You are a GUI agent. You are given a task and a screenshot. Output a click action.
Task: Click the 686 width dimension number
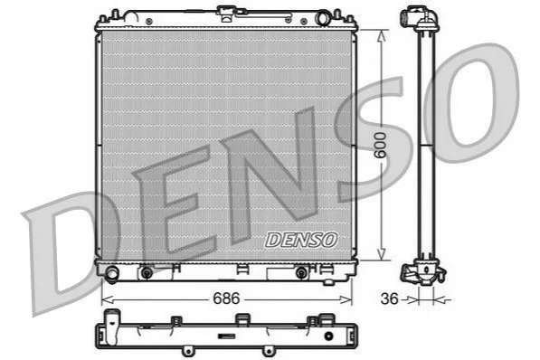(226, 298)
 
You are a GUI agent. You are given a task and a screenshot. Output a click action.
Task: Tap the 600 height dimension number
(381, 145)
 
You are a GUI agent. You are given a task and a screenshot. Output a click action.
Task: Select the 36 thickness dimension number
(389, 298)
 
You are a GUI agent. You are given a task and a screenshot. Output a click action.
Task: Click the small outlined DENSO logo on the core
(301, 240)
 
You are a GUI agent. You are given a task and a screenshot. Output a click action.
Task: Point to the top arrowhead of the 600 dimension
(381, 35)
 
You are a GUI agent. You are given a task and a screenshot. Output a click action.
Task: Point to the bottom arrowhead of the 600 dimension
(381, 254)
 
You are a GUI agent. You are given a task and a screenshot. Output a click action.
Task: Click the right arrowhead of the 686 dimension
(346, 299)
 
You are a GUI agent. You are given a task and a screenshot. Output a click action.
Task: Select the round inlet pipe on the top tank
(323, 18)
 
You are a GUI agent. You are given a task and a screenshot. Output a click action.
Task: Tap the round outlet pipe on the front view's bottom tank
(112, 273)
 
